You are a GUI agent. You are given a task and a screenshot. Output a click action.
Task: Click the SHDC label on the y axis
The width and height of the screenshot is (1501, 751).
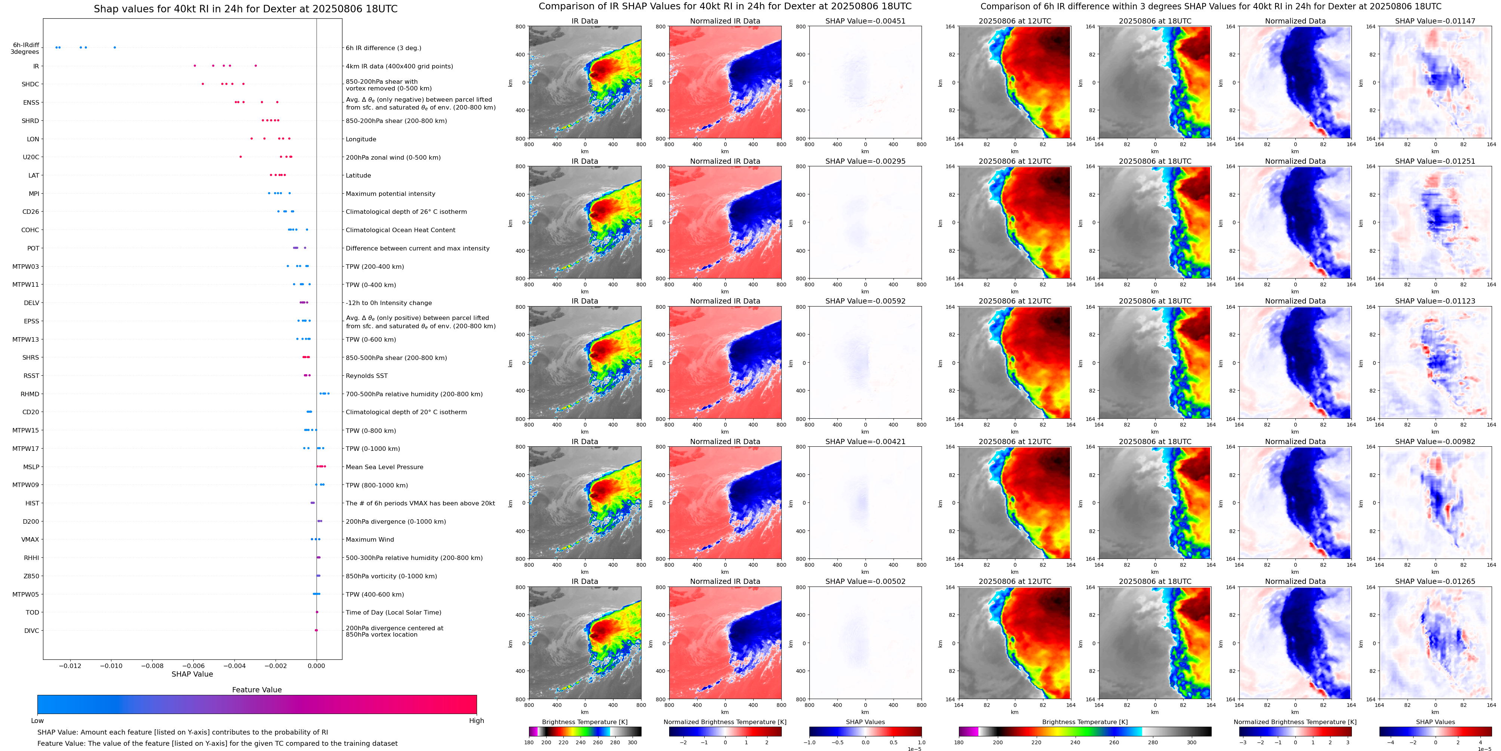(x=30, y=84)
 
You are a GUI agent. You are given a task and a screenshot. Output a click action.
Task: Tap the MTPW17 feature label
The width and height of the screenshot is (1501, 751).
(x=26, y=449)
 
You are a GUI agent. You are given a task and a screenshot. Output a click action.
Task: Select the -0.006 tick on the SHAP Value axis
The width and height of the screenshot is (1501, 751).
(x=193, y=666)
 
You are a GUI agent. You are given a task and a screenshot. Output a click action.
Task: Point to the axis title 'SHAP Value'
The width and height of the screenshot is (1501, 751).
(x=192, y=674)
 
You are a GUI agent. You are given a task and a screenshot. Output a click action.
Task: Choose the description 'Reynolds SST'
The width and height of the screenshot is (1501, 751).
(x=366, y=376)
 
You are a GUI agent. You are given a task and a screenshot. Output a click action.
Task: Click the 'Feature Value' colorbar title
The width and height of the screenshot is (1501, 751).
(x=257, y=690)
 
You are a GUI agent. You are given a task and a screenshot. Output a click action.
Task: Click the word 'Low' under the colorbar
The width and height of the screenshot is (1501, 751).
(x=37, y=721)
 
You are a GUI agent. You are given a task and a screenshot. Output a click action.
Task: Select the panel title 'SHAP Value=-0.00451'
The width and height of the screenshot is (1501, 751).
(x=865, y=21)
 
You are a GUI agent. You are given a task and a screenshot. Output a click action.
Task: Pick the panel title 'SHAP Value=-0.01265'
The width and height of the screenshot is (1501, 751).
(x=1435, y=581)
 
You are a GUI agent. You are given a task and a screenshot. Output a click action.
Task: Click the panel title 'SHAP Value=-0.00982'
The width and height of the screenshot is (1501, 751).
(x=1435, y=441)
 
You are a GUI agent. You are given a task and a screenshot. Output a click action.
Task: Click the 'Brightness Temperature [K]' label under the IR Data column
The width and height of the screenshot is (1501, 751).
(x=584, y=722)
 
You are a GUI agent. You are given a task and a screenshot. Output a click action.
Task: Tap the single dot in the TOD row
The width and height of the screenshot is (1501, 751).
(x=317, y=612)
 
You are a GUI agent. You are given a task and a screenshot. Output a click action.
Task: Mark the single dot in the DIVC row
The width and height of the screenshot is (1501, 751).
(x=316, y=630)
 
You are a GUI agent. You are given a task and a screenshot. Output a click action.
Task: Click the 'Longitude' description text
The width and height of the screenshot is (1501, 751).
(x=361, y=139)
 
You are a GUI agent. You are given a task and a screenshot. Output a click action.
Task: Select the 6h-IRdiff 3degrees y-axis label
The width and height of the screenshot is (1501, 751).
(x=26, y=48)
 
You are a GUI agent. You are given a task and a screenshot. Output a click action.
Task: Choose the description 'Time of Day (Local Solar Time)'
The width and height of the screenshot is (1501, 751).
(x=393, y=612)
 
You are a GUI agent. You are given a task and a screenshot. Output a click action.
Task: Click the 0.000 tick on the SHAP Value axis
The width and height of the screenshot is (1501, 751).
(x=316, y=666)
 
